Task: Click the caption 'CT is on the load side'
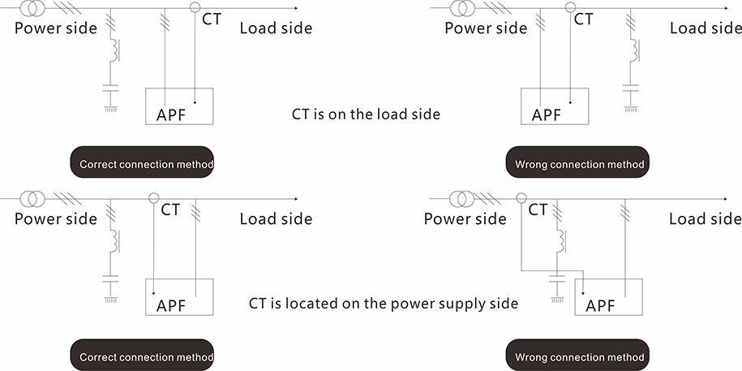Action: (x=366, y=114)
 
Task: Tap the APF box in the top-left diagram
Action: (x=178, y=106)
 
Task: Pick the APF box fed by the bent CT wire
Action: (x=608, y=297)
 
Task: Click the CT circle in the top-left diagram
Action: (x=195, y=8)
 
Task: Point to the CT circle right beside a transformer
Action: (x=521, y=198)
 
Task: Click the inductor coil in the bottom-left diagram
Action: (x=114, y=240)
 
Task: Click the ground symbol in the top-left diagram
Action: (x=110, y=106)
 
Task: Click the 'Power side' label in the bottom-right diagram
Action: (x=465, y=219)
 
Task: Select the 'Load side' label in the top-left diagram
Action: (x=276, y=28)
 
